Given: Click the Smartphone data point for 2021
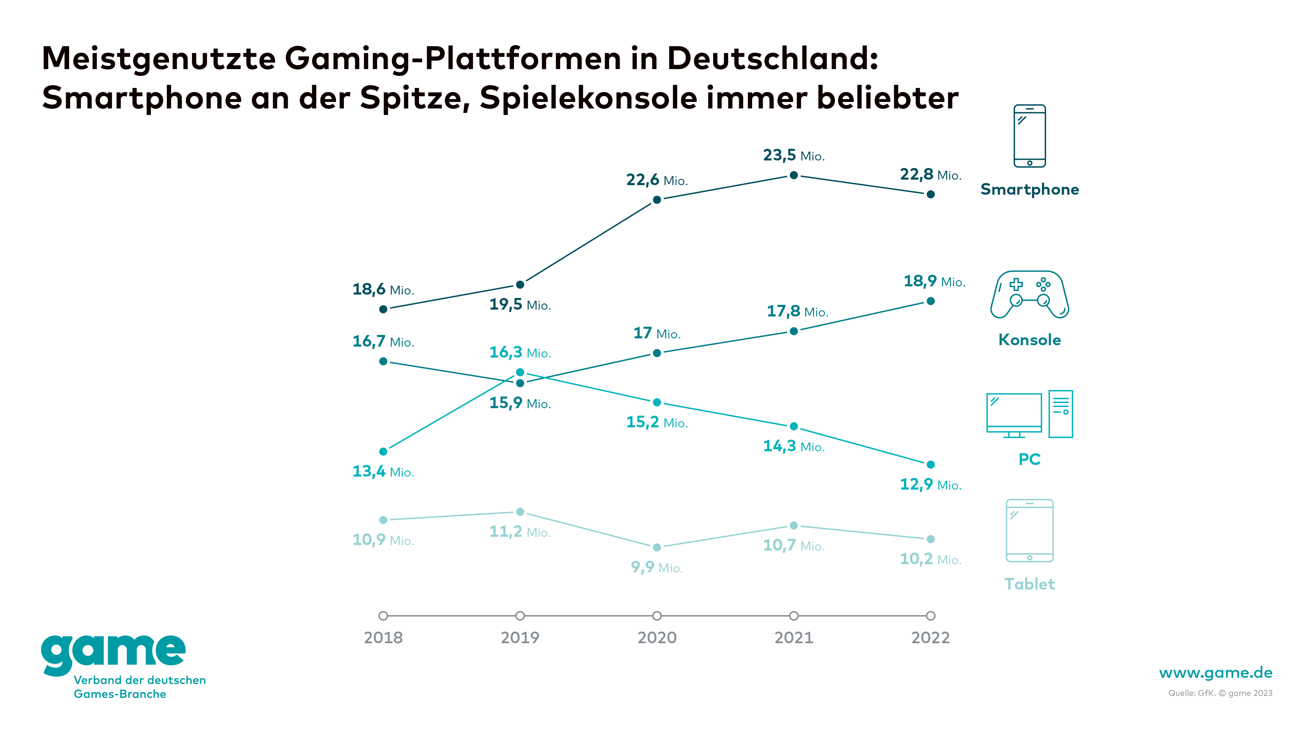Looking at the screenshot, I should (794, 176).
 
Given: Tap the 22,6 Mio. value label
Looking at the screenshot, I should (657, 180).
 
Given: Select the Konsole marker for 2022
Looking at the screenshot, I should (930, 301).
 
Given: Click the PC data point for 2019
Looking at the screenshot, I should (520, 372).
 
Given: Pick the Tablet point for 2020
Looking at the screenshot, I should (657, 547).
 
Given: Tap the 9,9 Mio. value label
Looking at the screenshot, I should (657, 567).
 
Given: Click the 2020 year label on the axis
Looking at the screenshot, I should (657, 637).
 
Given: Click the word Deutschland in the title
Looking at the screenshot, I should (772, 58).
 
